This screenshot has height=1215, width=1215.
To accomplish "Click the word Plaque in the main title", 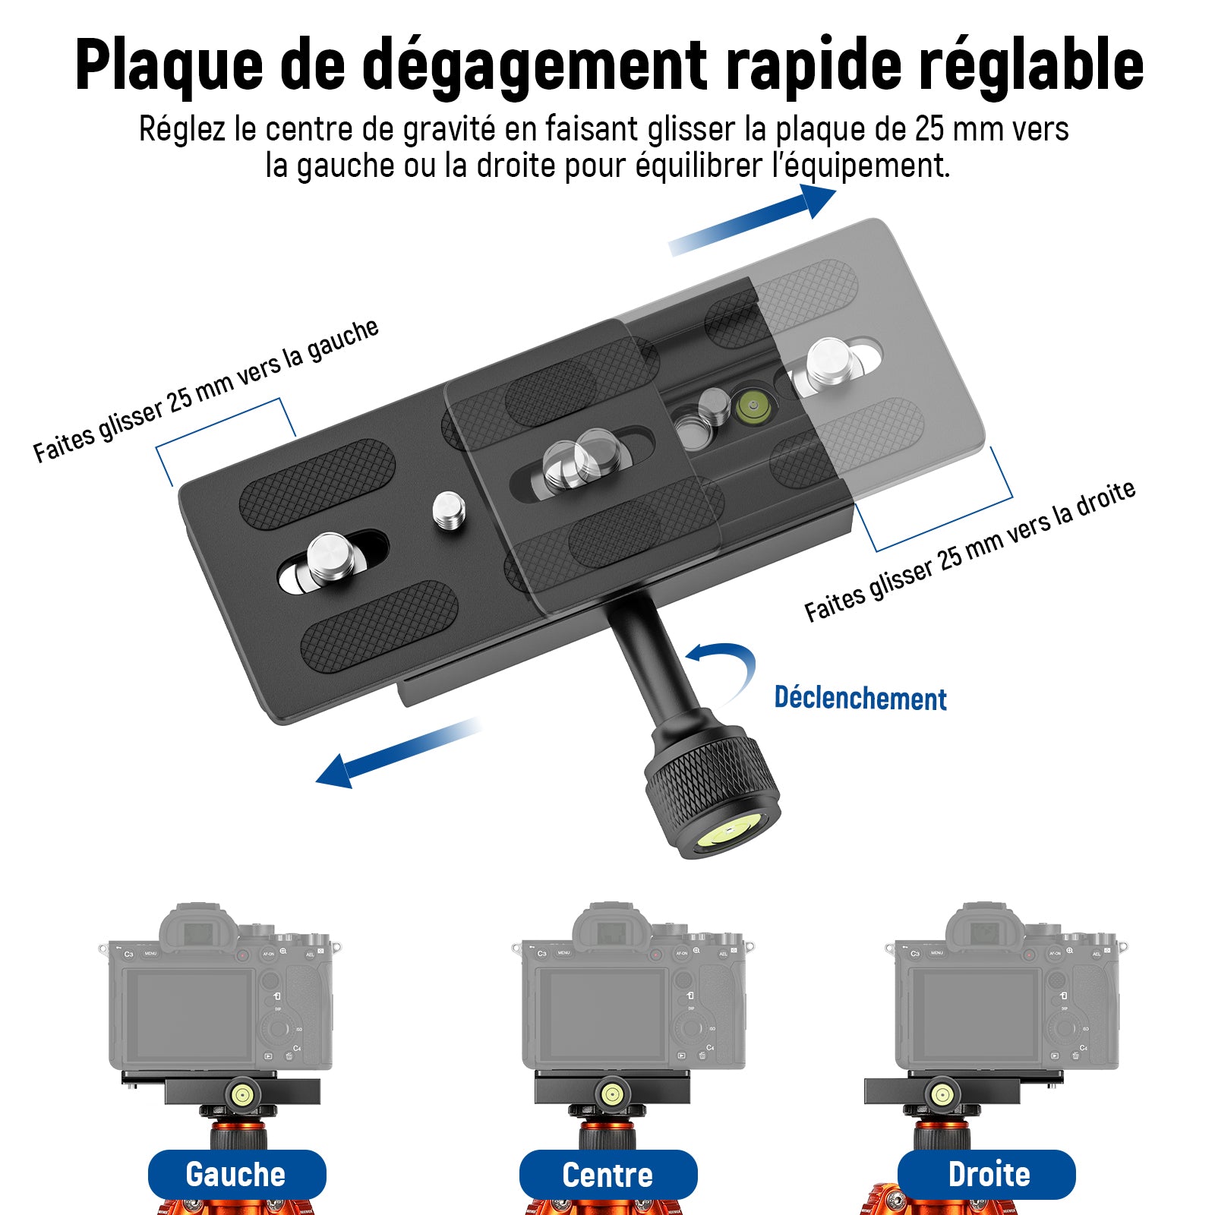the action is [169, 65].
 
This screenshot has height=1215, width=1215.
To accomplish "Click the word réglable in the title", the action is [1031, 65].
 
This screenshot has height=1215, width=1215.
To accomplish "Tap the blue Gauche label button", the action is [237, 1174].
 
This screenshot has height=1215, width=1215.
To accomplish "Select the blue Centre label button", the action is [607, 1175].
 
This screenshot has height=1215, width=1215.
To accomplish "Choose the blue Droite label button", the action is [987, 1174].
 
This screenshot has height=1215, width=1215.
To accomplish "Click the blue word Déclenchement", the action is [860, 698].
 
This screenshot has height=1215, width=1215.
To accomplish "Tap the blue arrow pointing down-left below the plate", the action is [398, 753].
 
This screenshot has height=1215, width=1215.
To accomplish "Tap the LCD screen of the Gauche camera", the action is [190, 1015].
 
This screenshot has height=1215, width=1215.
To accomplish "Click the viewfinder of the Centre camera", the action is [611, 932].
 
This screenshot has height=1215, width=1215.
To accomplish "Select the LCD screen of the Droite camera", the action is [976, 1015].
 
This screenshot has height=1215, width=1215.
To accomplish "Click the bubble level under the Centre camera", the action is [611, 1094].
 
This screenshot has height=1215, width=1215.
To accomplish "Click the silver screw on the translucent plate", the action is [834, 361].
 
